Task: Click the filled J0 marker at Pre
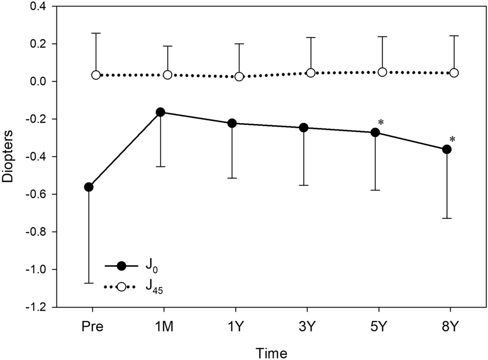pos(89,187)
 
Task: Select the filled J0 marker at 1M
pos(160,112)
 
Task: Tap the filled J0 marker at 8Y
pos(447,149)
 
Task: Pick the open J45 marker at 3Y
pos(311,73)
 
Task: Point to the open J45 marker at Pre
pos(96,75)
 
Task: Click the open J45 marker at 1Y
pos(239,77)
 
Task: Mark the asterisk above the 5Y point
pos(381,123)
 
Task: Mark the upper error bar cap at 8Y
pos(454,35)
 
